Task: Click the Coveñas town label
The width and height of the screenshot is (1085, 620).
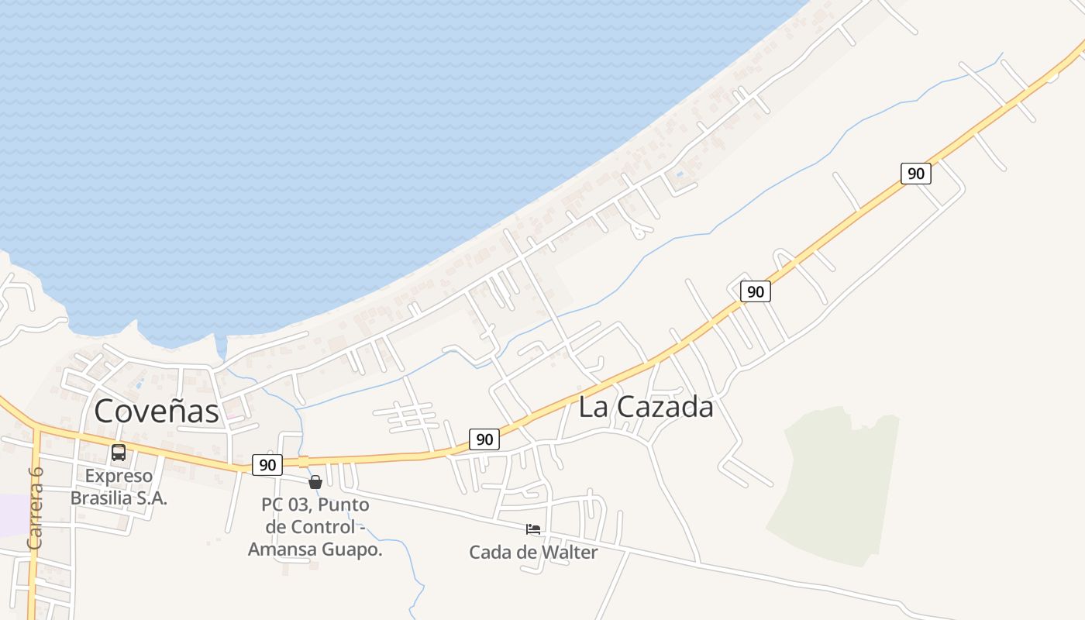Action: click(x=157, y=411)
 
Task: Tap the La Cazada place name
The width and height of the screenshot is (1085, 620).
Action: click(x=646, y=407)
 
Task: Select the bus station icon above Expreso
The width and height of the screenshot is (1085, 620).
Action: click(x=119, y=453)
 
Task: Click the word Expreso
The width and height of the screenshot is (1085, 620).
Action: click(x=119, y=476)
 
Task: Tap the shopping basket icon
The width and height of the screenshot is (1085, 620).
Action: click(x=315, y=482)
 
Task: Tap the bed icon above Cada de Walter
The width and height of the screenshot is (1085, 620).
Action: click(x=533, y=529)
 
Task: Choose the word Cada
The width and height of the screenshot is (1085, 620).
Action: click(x=488, y=553)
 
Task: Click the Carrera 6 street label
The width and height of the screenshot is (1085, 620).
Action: click(x=35, y=508)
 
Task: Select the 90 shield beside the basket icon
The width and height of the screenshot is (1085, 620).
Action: click(x=267, y=465)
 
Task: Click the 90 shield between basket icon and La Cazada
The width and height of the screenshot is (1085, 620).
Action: click(x=484, y=439)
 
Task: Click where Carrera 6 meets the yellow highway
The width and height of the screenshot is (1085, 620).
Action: click(x=36, y=429)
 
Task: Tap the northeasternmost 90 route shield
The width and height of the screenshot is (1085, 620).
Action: click(x=916, y=174)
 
